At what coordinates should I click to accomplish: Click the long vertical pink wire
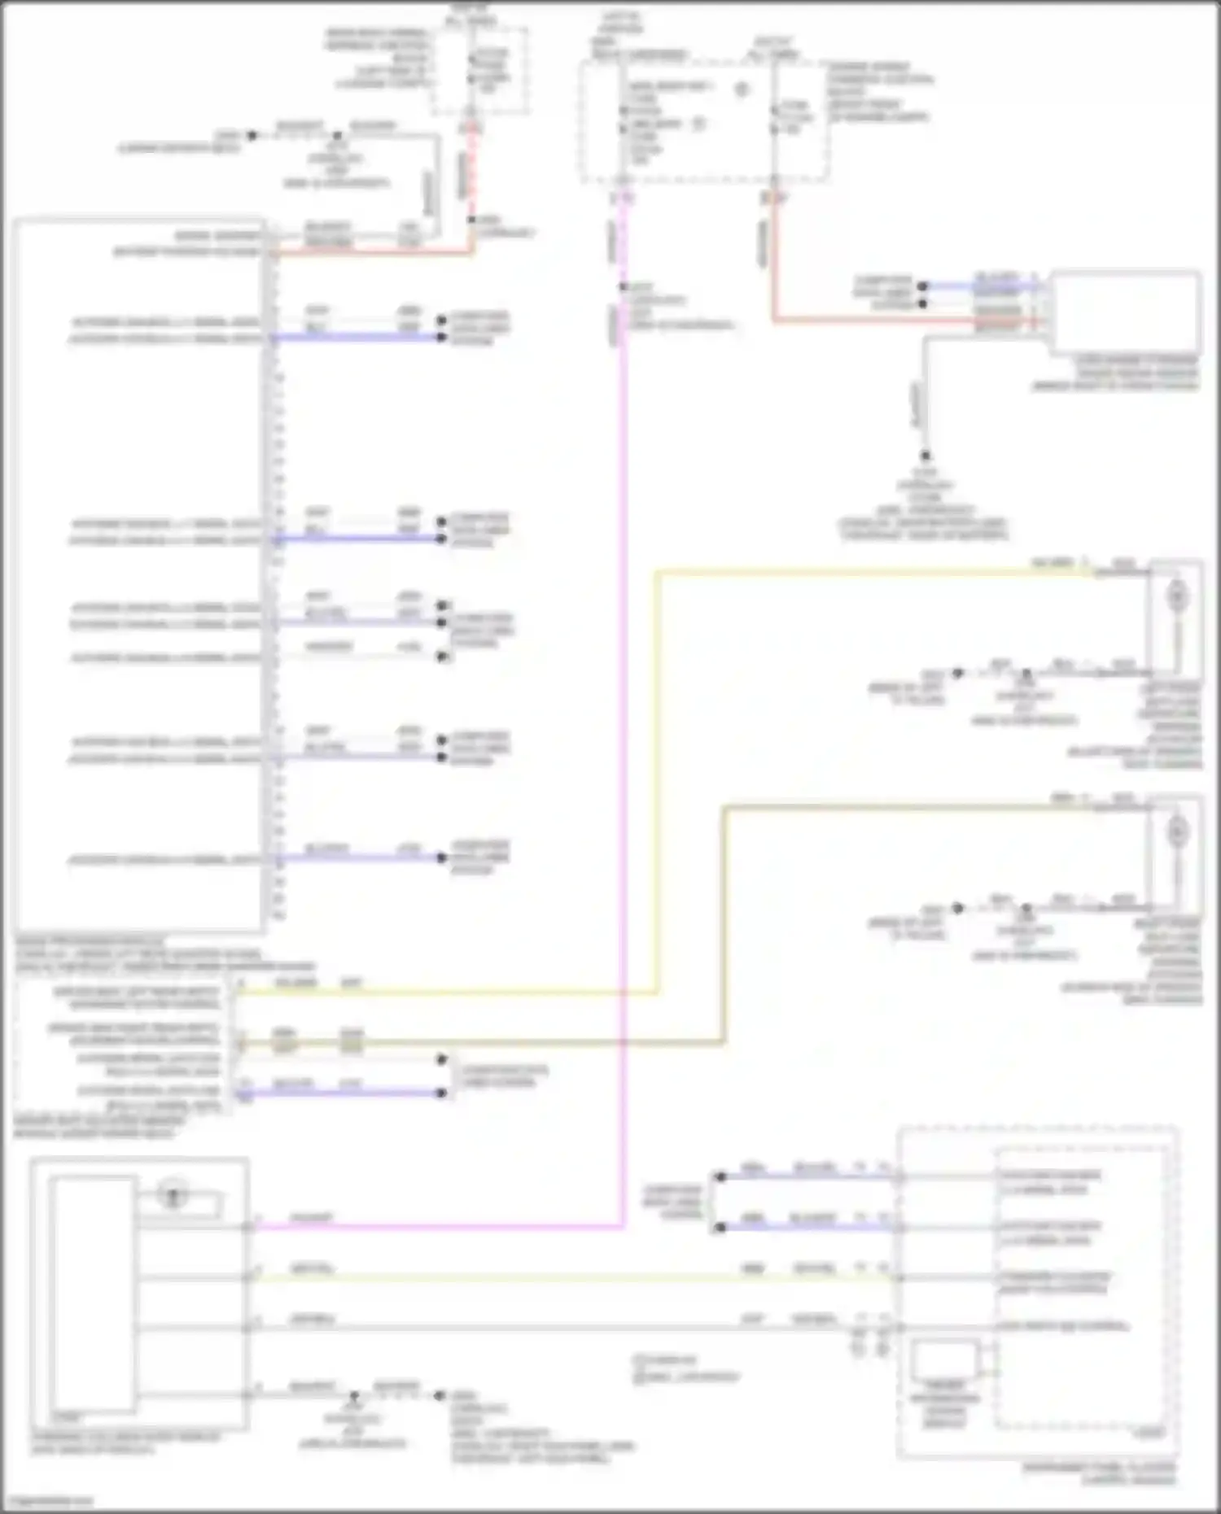pyautogui.click(x=623, y=732)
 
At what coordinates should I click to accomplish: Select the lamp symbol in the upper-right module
pyautogui.click(x=1176, y=596)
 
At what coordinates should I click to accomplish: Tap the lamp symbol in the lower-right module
pyautogui.click(x=1176, y=831)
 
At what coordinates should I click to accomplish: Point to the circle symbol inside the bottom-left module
pyautogui.click(x=173, y=1196)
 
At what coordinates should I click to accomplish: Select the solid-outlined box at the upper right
pyautogui.click(x=1125, y=312)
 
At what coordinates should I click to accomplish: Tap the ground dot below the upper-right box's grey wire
pyautogui.click(x=925, y=456)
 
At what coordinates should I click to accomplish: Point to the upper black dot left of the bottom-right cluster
pyautogui.click(x=720, y=1177)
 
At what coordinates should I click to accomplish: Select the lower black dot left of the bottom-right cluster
pyautogui.click(x=720, y=1228)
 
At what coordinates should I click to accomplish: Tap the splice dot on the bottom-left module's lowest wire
pyautogui.click(x=354, y=1395)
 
